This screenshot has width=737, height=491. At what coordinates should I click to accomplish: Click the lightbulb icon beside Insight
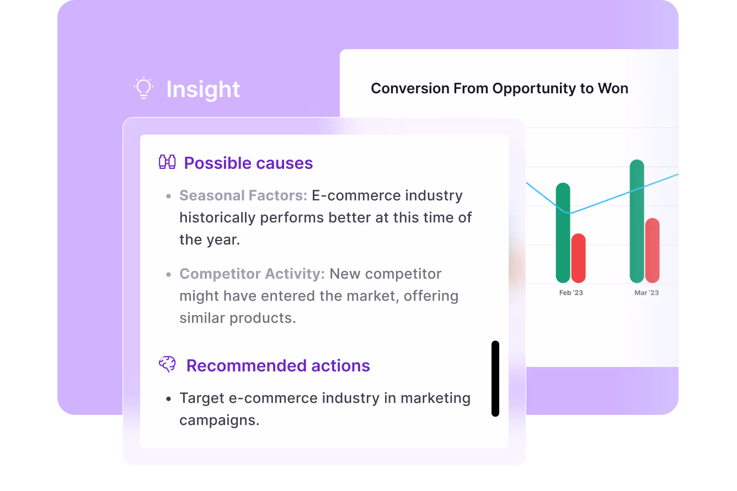click(x=143, y=88)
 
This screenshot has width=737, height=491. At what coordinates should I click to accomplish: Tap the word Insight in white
click(x=203, y=89)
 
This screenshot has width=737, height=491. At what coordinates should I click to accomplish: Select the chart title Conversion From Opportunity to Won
click(x=499, y=88)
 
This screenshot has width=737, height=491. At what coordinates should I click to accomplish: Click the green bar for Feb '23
click(x=563, y=233)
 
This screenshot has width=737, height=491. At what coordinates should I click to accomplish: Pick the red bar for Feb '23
click(x=579, y=258)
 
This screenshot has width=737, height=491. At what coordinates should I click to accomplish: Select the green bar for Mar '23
click(x=637, y=221)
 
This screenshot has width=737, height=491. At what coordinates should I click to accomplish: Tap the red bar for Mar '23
click(x=653, y=250)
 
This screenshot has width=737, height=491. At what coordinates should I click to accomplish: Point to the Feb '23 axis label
click(x=571, y=292)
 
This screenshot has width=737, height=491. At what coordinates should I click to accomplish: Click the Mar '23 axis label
click(x=647, y=292)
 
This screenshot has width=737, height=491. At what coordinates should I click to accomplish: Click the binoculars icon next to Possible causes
click(x=167, y=162)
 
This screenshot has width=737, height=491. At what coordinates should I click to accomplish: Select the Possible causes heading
click(x=248, y=163)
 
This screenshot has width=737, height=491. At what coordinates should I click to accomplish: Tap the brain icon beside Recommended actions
click(x=167, y=364)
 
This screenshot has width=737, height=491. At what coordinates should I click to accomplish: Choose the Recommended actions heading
click(x=278, y=366)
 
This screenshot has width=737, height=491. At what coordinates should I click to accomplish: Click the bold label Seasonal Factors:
click(x=243, y=195)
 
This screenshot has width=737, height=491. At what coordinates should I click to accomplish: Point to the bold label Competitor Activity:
click(x=252, y=274)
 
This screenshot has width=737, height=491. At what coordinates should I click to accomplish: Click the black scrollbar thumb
click(x=495, y=378)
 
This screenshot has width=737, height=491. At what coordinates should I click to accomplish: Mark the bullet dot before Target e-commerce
click(x=169, y=399)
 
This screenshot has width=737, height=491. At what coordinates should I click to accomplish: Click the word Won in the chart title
click(x=613, y=88)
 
